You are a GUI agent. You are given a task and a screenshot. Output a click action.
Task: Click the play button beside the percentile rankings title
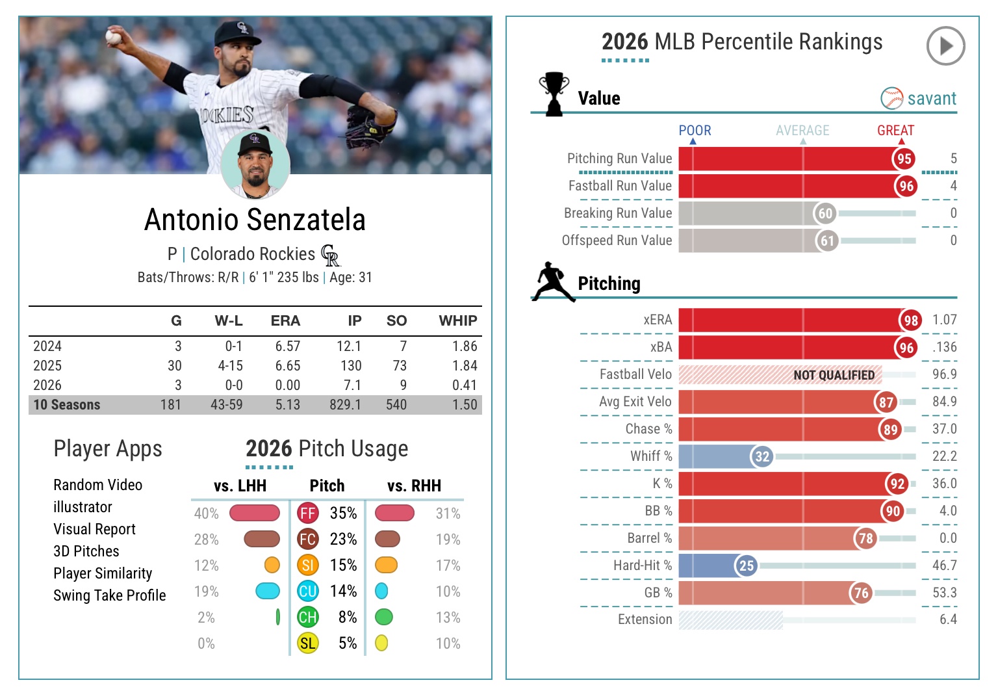pos(945,45)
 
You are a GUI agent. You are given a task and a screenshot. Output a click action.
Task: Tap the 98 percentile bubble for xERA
pos(911,320)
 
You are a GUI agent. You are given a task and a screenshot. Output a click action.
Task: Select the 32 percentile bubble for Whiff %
pos(762,456)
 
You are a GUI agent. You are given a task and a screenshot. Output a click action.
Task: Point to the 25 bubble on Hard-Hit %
pos(747,565)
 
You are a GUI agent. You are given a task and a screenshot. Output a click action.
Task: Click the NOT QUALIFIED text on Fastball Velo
pos(834,375)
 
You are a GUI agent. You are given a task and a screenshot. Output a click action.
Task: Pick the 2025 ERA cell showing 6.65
pos(287,366)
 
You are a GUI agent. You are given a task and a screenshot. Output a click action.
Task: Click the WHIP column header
pos(457,321)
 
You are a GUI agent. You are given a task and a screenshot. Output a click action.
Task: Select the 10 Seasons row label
pos(67,405)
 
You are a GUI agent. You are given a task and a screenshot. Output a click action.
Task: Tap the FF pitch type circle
pos(307,513)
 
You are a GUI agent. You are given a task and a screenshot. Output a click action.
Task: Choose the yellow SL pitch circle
pos(307,643)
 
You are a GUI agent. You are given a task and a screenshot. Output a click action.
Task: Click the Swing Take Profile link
pos(109,595)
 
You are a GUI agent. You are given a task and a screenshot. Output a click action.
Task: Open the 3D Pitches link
pos(86,551)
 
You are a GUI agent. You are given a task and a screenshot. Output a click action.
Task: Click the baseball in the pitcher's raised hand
pos(113,36)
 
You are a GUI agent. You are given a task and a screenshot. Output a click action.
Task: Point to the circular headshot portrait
pos(255,165)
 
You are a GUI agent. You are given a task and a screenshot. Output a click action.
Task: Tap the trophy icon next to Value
pos(554,94)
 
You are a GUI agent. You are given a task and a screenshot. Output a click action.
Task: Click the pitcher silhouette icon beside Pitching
pos(554,282)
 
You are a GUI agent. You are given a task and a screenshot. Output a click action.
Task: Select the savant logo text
pos(931,99)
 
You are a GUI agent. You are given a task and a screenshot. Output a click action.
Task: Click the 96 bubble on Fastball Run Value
pos(906,186)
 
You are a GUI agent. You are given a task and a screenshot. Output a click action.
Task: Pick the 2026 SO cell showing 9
pos(403,385)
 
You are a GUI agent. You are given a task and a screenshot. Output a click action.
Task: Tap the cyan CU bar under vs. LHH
pos(268,591)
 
